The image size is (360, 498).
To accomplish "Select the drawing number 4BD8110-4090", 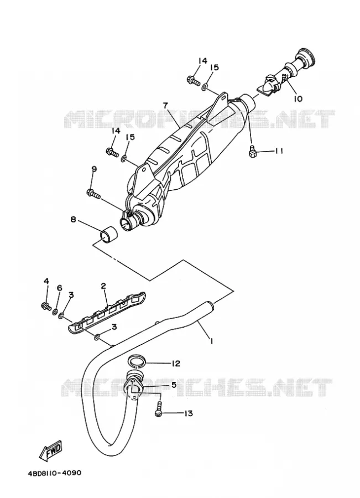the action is [x=54, y=473].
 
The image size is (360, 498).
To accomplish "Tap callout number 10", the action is [x=298, y=99].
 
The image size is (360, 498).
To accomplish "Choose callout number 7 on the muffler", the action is [x=165, y=105].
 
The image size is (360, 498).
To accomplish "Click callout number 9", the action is [x=93, y=169].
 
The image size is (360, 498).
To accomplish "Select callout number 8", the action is [x=74, y=219].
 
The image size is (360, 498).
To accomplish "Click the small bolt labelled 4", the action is [x=46, y=306].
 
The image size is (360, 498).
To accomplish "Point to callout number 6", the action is [x=59, y=288].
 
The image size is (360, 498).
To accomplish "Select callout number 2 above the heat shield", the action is [x=103, y=286].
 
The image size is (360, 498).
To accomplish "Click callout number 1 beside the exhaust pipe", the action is [x=211, y=341].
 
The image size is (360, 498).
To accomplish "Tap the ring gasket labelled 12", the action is [x=137, y=361].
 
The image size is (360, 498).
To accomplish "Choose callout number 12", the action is [x=175, y=364].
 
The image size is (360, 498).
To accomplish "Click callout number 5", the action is [x=174, y=385].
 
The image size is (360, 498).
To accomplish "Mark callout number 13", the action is [x=188, y=413].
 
